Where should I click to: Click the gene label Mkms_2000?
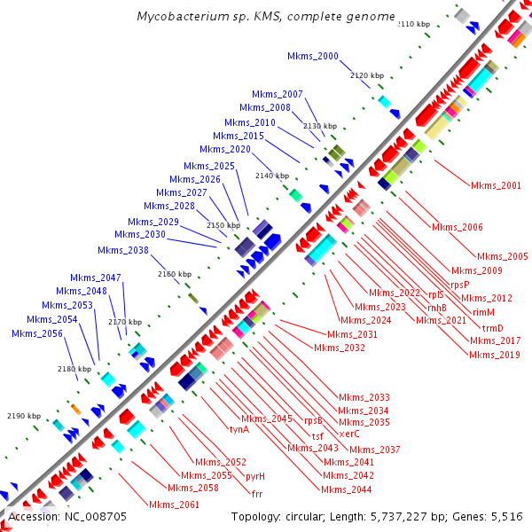coord(313,56)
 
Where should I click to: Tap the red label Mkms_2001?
coord(496,185)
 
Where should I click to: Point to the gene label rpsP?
coord(459,285)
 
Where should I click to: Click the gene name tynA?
coord(239,429)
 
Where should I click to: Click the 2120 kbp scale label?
coord(367,76)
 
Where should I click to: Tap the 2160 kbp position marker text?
coord(174,274)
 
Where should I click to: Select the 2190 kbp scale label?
coord(24,416)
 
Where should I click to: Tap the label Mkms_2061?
coord(174,505)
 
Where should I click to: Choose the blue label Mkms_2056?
coord(37,333)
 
